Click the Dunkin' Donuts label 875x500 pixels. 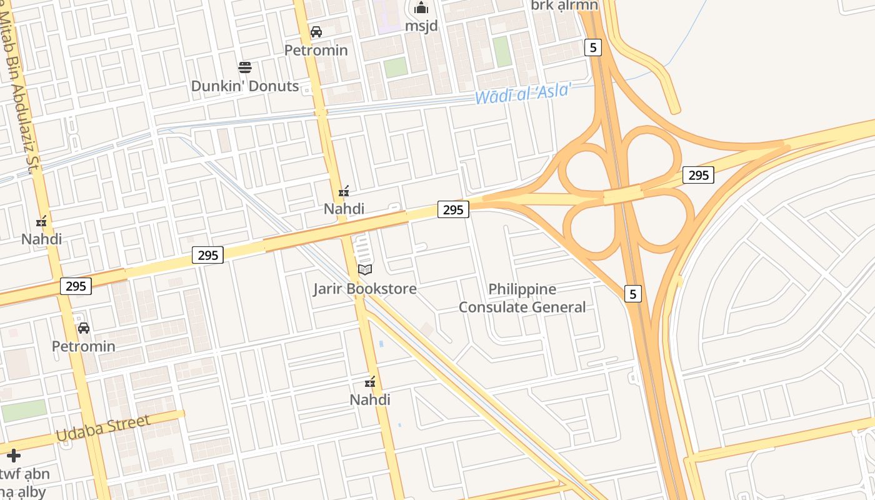[x=245, y=86]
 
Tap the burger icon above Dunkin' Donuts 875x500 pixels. [x=245, y=67]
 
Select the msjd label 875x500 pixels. [x=421, y=26]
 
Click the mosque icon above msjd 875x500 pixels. [x=421, y=7]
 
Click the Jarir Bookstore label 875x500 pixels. [x=365, y=289]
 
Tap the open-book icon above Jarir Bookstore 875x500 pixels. [x=365, y=270]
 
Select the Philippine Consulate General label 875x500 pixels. [x=522, y=298]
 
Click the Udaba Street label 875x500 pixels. [x=103, y=427]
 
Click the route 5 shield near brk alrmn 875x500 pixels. [x=593, y=47]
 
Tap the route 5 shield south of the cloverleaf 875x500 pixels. [x=633, y=293]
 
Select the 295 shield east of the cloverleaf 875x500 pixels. [x=698, y=175]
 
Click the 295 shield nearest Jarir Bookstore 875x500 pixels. [x=453, y=209]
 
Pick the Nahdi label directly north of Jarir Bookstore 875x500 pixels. [x=344, y=209]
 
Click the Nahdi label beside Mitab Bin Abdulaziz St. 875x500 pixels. [x=42, y=239]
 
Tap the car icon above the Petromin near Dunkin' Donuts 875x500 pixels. [x=316, y=32]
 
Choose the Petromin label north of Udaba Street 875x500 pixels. [x=84, y=346]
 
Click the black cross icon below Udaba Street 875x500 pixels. [x=14, y=456]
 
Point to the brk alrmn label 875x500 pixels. [x=564, y=6]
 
